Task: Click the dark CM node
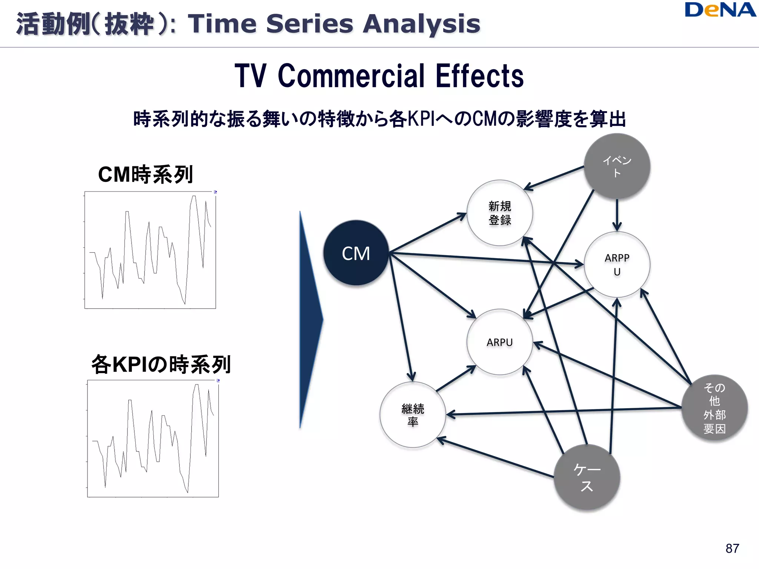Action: point(356,253)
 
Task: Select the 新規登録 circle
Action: point(500,213)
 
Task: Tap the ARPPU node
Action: point(617,264)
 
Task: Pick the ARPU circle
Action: point(500,342)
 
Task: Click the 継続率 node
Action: point(412,415)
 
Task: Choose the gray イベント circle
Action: point(617,166)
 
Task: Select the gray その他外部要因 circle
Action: point(714,408)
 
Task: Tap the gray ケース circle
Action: point(587,477)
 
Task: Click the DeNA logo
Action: point(720,10)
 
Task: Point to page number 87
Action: point(732,548)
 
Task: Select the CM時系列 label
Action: point(145,174)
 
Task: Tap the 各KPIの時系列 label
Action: point(161,364)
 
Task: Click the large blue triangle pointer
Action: point(309,319)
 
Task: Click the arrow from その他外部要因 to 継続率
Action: point(563,411)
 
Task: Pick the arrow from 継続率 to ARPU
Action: point(456,379)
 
